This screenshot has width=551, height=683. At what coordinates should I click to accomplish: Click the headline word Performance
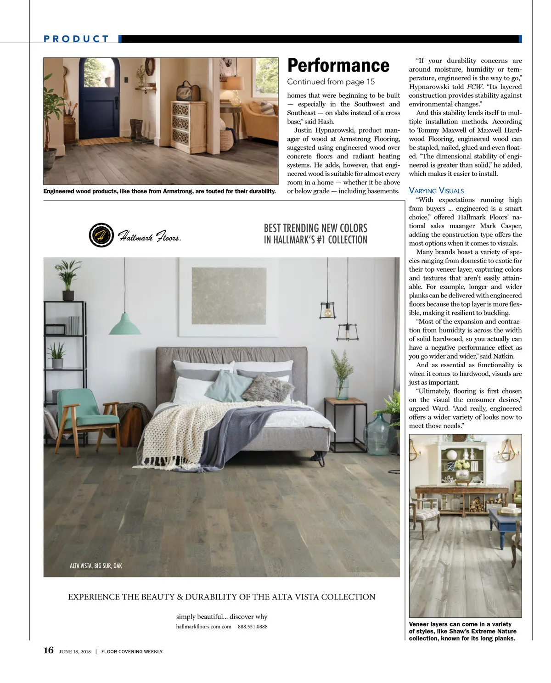coord(338,66)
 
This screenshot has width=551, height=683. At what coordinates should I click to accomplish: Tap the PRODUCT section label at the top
coord(76,39)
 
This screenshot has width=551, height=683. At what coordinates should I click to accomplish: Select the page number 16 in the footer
coord(48,650)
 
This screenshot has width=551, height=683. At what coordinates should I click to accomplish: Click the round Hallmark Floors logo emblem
coord(101,235)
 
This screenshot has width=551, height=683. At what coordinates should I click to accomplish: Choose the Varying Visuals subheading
coord(436,190)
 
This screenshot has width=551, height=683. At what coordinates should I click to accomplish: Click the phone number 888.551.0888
coord(253,627)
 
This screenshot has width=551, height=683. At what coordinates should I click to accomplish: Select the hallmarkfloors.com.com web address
coord(203,627)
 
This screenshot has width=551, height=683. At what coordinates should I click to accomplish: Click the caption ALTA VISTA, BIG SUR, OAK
coord(96,566)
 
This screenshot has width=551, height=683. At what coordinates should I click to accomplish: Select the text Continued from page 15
coord(331,82)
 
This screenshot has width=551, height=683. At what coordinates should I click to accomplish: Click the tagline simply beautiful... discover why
coord(221,616)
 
